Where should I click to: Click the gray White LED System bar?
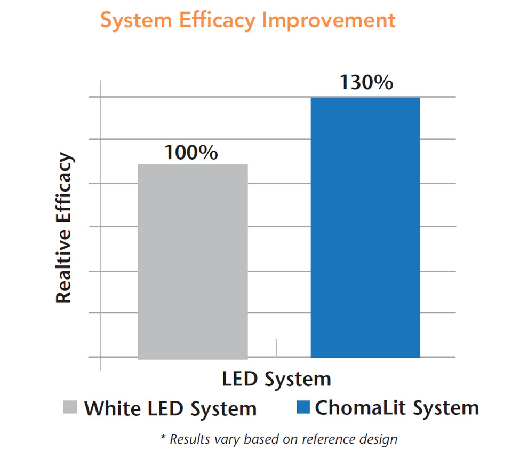(193, 262)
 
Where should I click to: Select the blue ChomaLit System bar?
(365, 227)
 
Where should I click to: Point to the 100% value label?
(191, 153)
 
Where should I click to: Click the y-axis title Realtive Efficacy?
(64, 228)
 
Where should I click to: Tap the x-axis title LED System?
(277, 379)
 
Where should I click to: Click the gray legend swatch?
(70, 407)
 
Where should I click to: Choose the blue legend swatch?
(302, 407)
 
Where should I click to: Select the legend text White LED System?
(171, 409)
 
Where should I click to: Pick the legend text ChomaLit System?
(397, 408)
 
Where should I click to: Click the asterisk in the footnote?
(163, 438)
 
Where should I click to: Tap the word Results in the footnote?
(188, 439)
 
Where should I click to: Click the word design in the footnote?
(378, 440)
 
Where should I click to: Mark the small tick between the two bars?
(276, 347)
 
